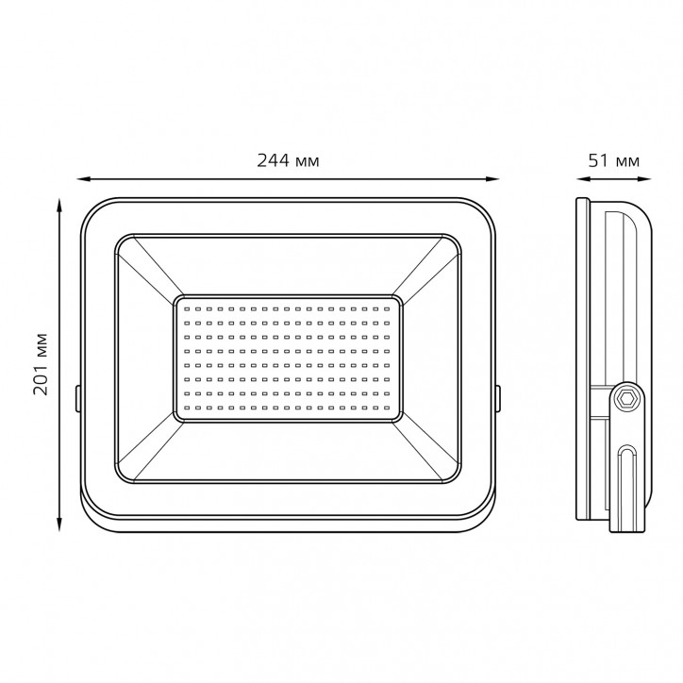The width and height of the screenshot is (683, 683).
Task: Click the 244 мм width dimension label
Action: [288, 160]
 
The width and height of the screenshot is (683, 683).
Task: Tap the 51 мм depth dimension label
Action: [614, 160]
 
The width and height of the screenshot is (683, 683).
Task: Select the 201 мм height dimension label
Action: [41, 364]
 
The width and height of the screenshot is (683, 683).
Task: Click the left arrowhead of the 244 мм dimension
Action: [83, 178]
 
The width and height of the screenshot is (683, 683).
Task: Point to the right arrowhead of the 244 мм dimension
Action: [492, 178]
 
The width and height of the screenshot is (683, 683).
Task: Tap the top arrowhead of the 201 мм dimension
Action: [59, 205]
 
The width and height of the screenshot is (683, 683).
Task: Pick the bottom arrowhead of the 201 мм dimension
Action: [59, 525]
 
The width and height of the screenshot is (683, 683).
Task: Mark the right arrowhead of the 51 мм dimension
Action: [644, 178]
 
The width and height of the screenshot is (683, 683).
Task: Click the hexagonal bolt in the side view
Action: [626, 398]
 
